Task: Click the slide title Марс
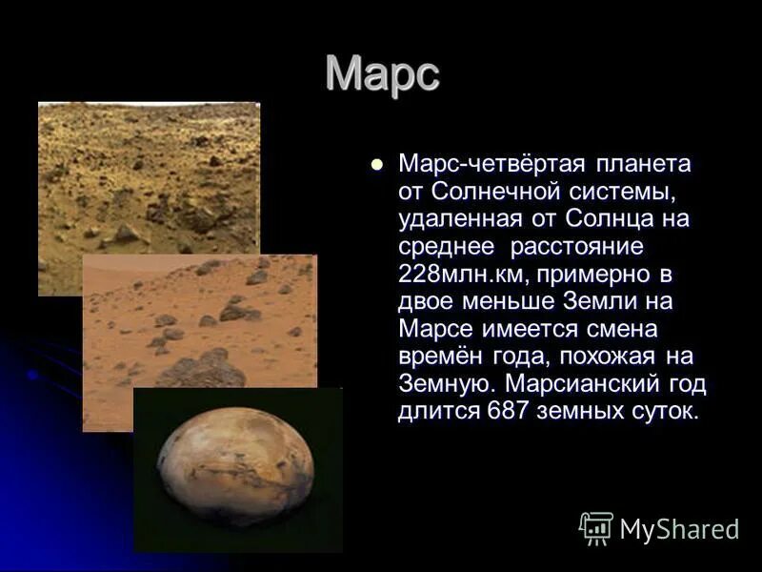point(382,74)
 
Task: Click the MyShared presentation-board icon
point(596,527)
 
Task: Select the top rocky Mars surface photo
point(148,172)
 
